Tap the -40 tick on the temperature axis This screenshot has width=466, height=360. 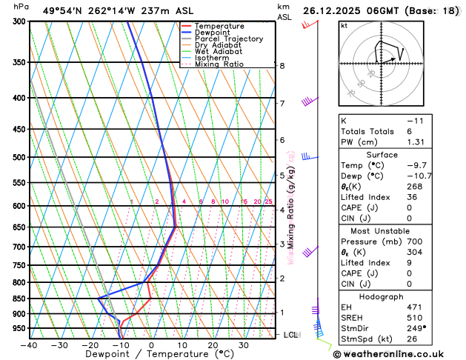point(30,344)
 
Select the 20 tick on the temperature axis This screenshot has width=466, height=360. point(213,344)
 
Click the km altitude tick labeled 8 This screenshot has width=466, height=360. point(282,66)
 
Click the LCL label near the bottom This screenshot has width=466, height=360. point(291,335)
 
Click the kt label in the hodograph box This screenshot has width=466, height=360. point(344,25)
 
